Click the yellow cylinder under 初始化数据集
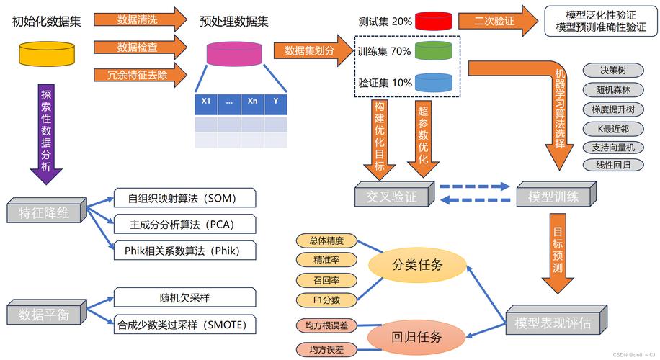pyautogui.click(x=46, y=53)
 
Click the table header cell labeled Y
pyautogui.click(x=275, y=102)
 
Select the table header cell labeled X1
pyautogui.click(x=207, y=102)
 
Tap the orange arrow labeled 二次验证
pyautogui.click(x=496, y=22)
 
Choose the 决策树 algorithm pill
pyautogui.click(x=612, y=71)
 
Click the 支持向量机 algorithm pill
pyautogui.click(x=612, y=148)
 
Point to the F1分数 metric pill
pyautogui.click(x=326, y=300)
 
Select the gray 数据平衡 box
pyautogui.click(x=43, y=314)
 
